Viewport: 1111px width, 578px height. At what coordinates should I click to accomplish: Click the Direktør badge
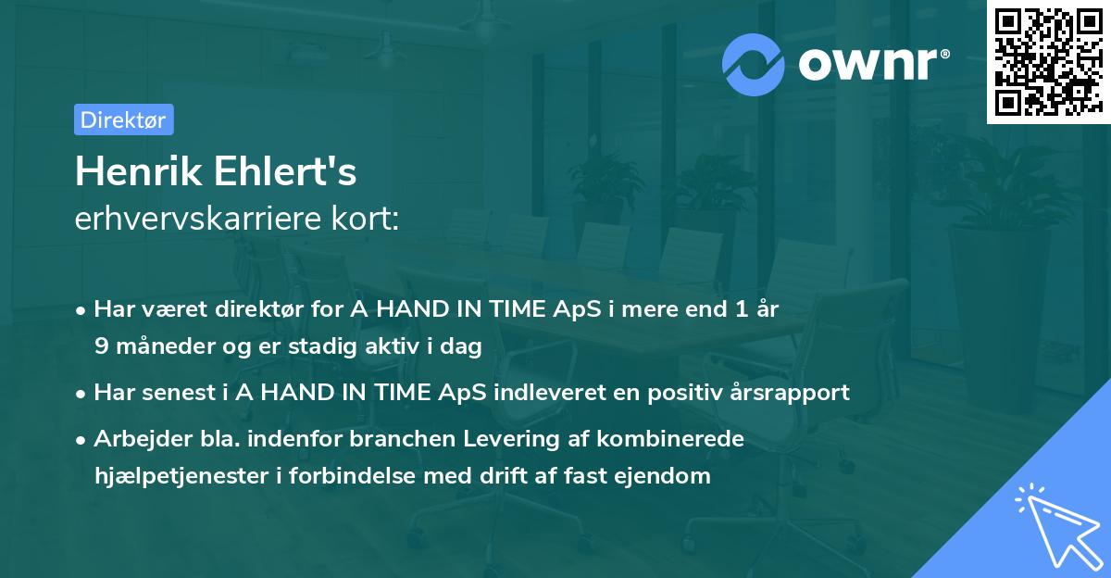point(122,119)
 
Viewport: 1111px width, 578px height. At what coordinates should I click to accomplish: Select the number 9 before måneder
point(101,347)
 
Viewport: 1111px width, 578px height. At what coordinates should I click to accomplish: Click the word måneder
point(154,347)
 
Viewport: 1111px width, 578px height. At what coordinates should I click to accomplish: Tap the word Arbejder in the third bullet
point(135,438)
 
